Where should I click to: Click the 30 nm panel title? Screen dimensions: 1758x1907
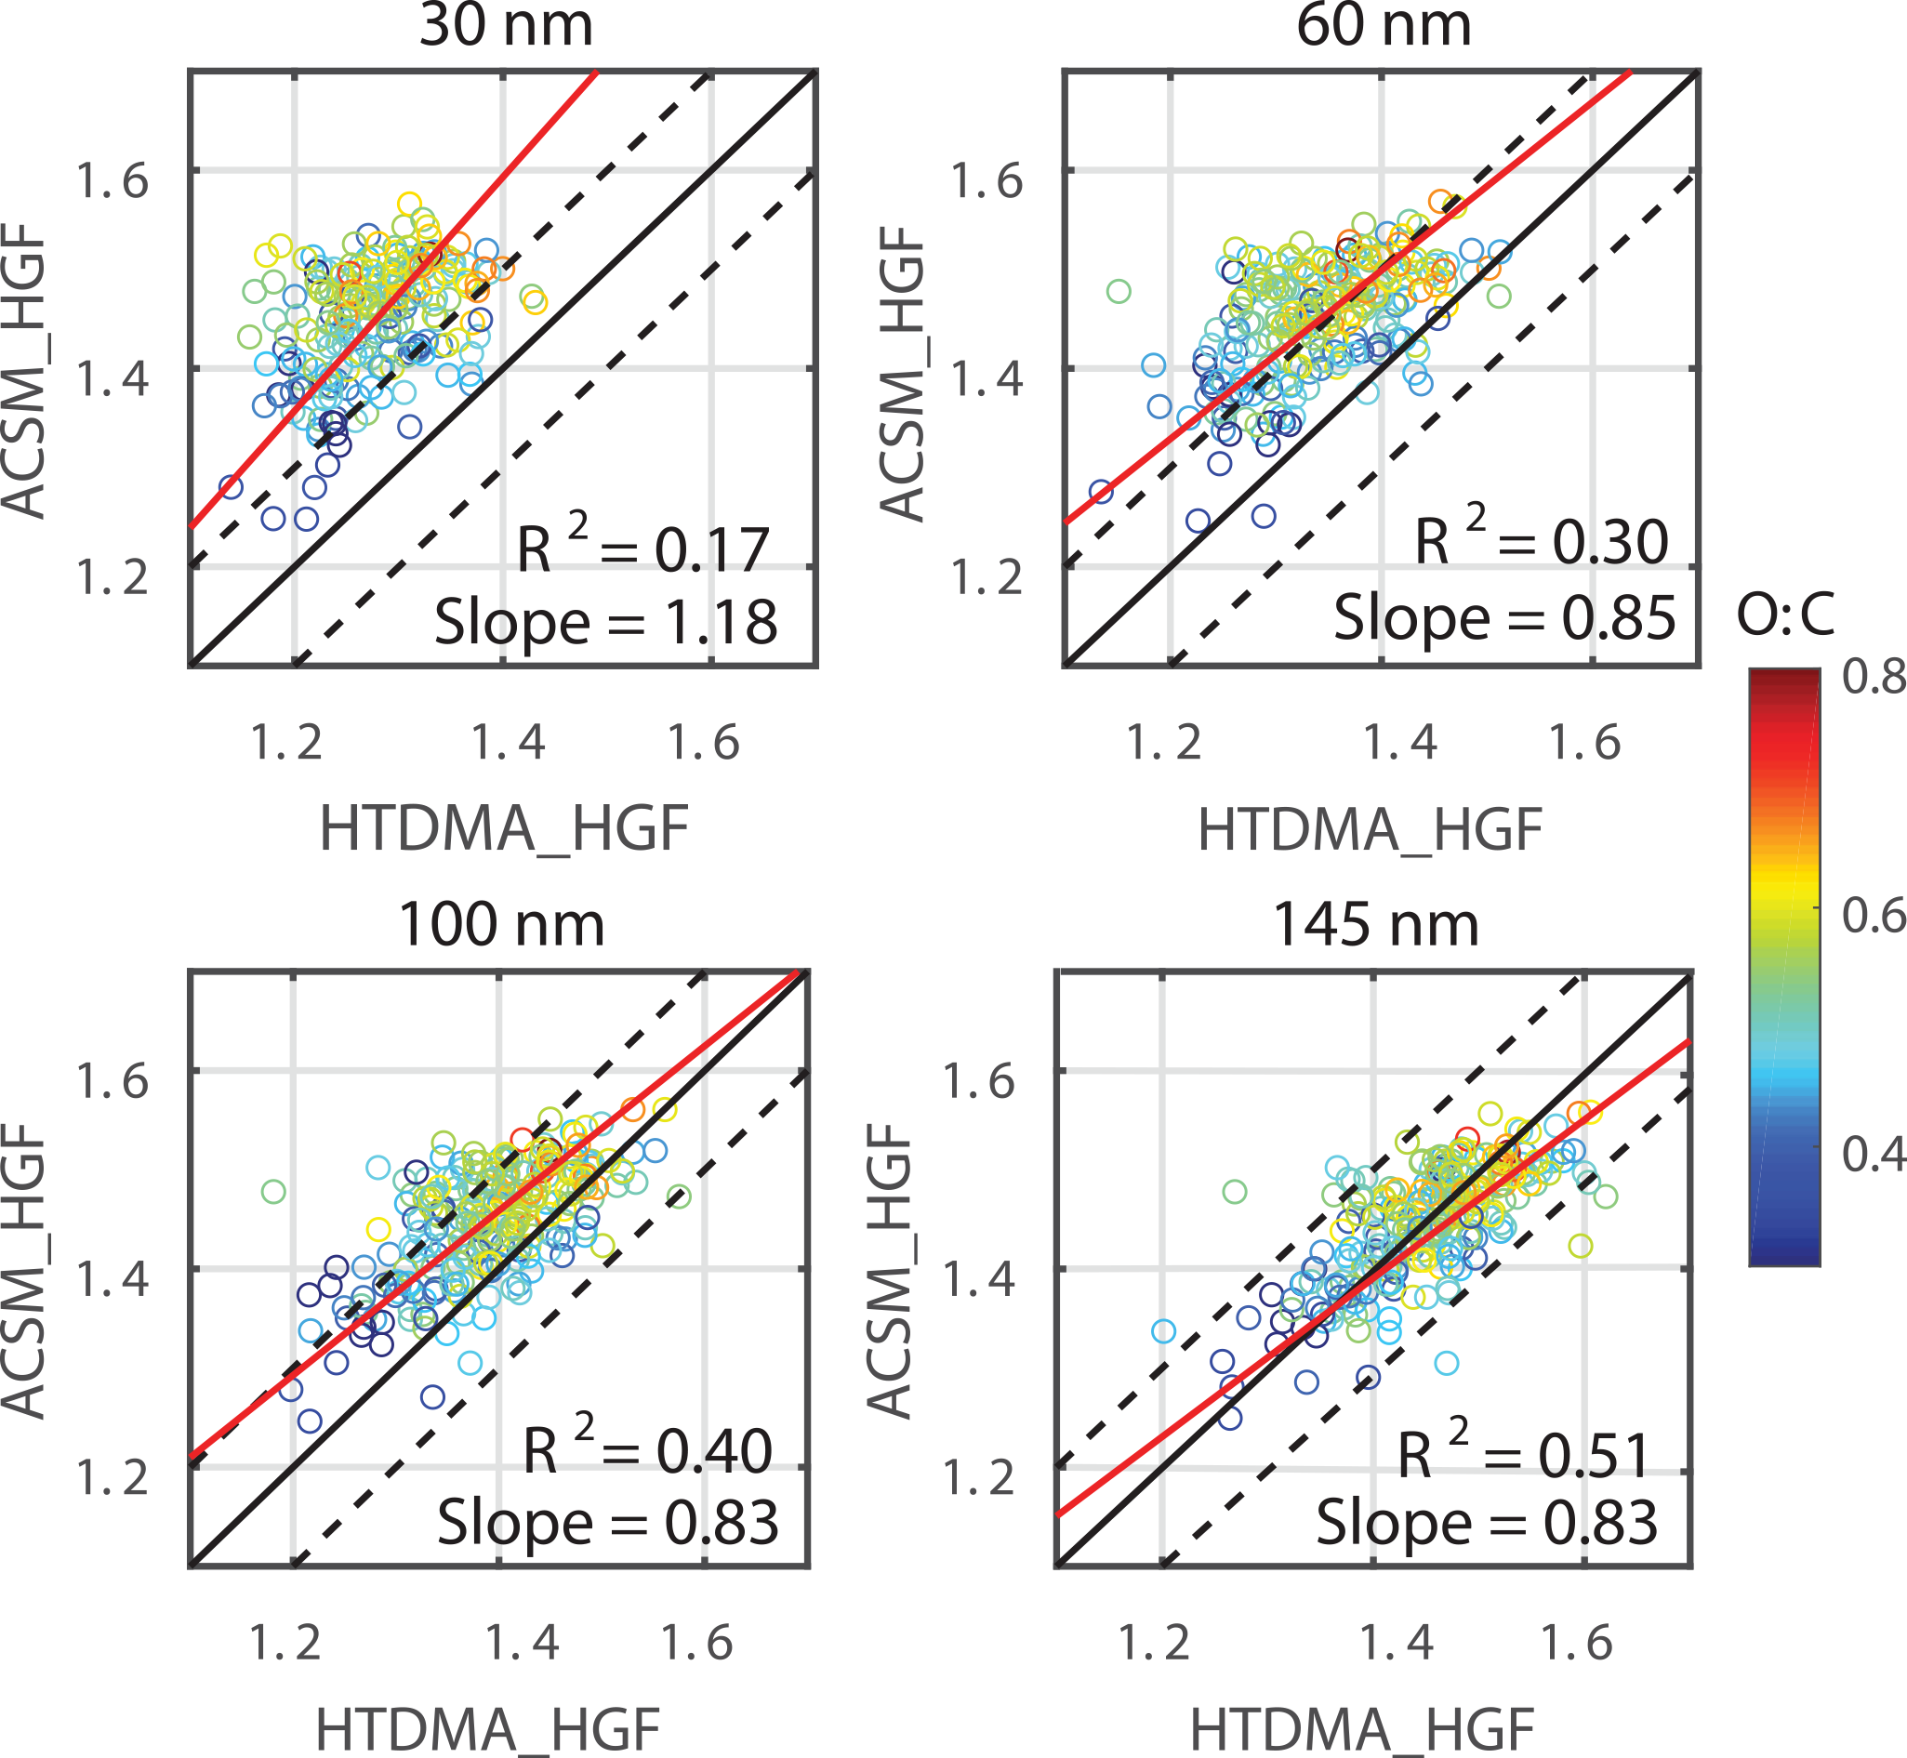[505, 26]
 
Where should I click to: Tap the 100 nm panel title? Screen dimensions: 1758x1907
[500, 925]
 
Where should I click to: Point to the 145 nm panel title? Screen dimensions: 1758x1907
[1375, 925]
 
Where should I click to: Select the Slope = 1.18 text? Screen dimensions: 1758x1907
[606, 623]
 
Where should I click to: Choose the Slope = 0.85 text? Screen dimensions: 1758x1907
[1503, 618]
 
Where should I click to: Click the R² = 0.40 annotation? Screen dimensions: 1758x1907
[647, 1449]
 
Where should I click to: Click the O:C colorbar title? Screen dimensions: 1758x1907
[1785, 615]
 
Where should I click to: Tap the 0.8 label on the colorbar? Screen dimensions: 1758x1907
[1873, 678]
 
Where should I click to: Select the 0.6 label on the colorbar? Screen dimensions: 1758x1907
[1873, 915]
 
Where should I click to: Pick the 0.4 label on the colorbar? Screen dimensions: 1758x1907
[1873, 1154]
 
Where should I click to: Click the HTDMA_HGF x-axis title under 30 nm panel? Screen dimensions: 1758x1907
[503, 829]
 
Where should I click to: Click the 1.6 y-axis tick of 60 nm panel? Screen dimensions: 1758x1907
[987, 180]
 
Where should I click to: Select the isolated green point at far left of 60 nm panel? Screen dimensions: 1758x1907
[1119, 291]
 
